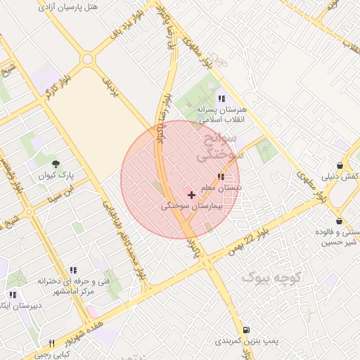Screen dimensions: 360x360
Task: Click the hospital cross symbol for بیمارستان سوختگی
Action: [x=191, y=194]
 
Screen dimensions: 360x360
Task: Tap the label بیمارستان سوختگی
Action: [x=191, y=207]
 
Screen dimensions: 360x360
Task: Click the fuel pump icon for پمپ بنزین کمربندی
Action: [x=245, y=330]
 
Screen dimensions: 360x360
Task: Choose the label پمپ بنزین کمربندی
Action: [x=247, y=342]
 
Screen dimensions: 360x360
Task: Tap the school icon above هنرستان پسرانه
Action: [x=221, y=99]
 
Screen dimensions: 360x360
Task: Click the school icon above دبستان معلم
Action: [x=221, y=176]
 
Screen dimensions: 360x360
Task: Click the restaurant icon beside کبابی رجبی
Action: [x=52, y=343]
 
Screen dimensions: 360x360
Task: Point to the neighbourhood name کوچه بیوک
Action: [x=271, y=278]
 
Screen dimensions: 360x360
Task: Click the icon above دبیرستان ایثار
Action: [x=13, y=295]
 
